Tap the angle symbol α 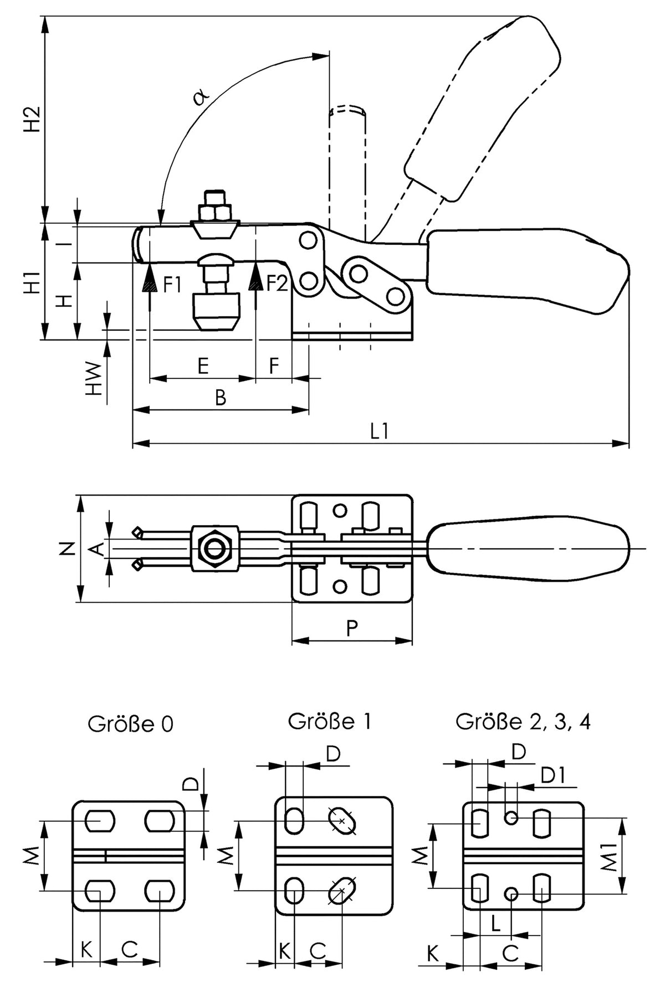tap(201, 97)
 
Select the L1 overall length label tap(380, 431)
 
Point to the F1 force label tap(172, 285)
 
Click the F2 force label tap(277, 284)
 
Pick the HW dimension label tap(95, 379)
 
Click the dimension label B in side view tap(221, 397)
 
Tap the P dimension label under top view tap(352, 628)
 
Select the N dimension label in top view tap(67, 549)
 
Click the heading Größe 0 tap(131, 724)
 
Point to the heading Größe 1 tap(329, 721)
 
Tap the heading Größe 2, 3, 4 tap(523, 722)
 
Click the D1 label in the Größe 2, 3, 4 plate tap(552, 776)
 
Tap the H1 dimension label tap(33, 282)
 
